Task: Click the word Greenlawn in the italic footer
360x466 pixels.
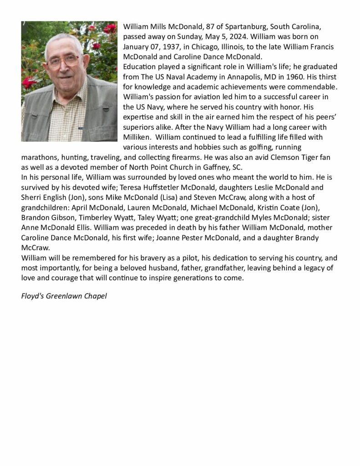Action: point(67,296)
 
